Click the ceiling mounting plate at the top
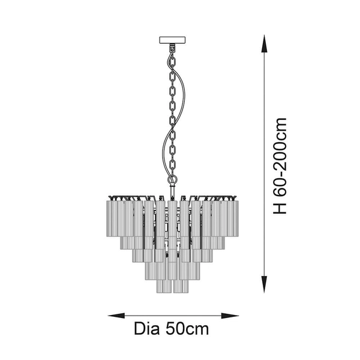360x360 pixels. click(172, 40)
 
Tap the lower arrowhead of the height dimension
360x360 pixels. click(264, 284)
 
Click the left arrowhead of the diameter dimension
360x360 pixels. click(116, 316)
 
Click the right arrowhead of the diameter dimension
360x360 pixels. click(230, 316)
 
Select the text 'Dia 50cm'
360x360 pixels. click(172, 329)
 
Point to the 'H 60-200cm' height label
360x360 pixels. click(280, 166)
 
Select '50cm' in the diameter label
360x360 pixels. click(187, 329)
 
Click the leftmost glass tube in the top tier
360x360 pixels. click(111, 218)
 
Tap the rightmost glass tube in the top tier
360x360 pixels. click(234, 218)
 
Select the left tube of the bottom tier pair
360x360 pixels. click(164, 286)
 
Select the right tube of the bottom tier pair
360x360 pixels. click(181, 286)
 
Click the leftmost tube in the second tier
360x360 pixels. click(126, 243)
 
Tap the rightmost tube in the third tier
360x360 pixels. click(207, 256)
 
